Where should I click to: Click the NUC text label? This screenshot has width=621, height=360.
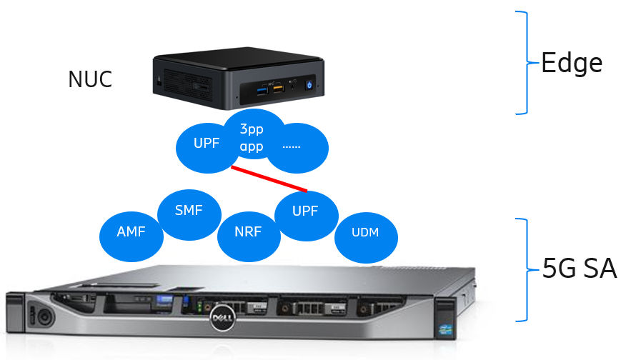pyautogui.click(x=90, y=79)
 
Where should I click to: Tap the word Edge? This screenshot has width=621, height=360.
pyautogui.click(x=571, y=64)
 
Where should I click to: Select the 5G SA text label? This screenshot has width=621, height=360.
pyautogui.click(x=579, y=269)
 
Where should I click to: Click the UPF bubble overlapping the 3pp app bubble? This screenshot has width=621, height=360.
pyautogui.click(x=203, y=144)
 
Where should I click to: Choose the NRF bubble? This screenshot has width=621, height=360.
pyautogui.click(x=248, y=232)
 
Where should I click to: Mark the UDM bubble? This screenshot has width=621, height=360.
pyautogui.click(x=365, y=233)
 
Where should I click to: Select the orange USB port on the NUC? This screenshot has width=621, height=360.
pyautogui.click(x=278, y=89)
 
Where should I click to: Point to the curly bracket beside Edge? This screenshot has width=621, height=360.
pyautogui.click(x=525, y=63)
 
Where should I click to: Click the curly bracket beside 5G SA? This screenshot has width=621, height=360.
pyautogui.click(x=525, y=270)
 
